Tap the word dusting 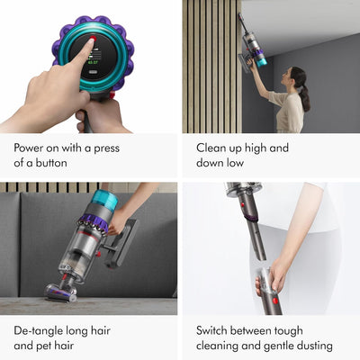coord(311,346)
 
